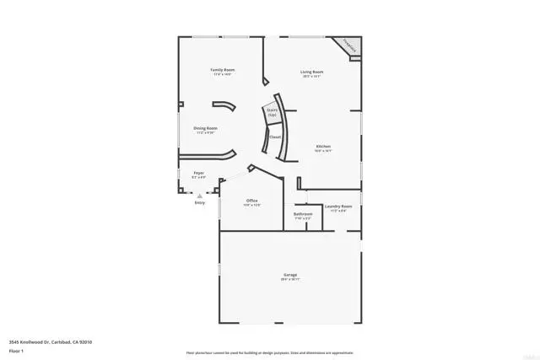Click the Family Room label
click(x=223, y=70)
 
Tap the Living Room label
click(x=312, y=72)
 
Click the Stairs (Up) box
click(x=273, y=111)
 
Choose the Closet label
click(x=274, y=137)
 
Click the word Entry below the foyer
click(x=199, y=203)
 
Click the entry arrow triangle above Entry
click(x=200, y=196)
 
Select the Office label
click(x=251, y=200)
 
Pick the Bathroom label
click(x=303, y=214)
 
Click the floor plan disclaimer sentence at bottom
click(x=270, y=352)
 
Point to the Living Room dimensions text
click(x=312, y=76)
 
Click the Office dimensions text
click(x=251, y=204)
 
